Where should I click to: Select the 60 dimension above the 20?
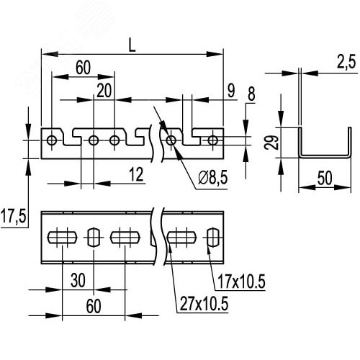tap(83, 68)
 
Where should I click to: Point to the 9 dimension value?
tap(230, 90)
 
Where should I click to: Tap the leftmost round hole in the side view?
tap(52, 140)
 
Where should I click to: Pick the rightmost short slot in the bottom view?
tap(213, 236)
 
